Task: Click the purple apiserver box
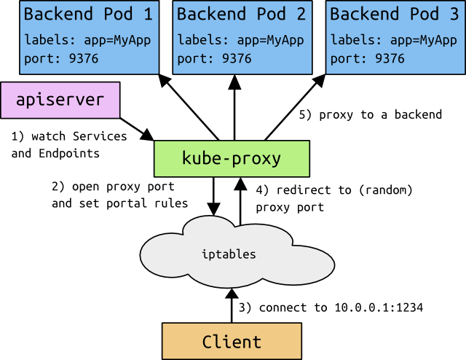(60, 100)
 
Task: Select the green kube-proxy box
(231, 157)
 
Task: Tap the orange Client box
(231, 341)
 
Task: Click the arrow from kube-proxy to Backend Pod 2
(234, 106)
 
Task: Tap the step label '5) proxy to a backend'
(371, 114)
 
